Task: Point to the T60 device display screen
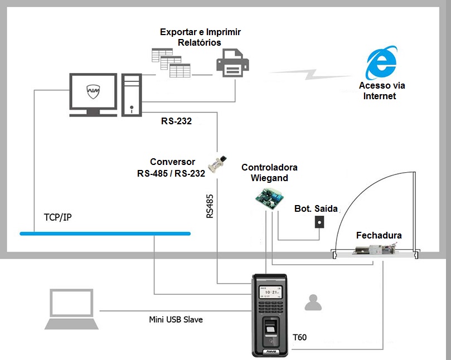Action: tap(270, 294)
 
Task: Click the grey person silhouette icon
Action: tap(312, 303)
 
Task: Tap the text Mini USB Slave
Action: tap(176, 319)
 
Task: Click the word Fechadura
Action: tap(379, 235)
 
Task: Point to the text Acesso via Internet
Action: tap(382, 91)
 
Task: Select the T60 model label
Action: tap(299, 337)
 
